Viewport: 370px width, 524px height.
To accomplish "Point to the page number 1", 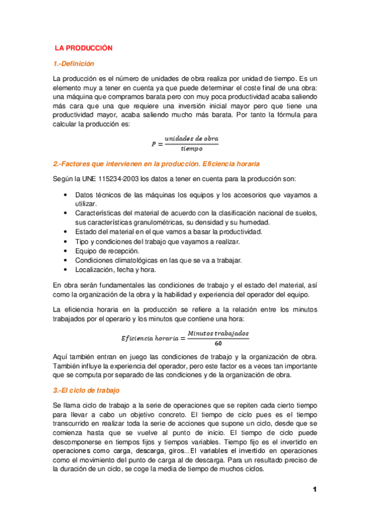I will pyautogui.click(x=314, y=490).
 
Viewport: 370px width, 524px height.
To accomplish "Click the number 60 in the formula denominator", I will pyautogui.click(x=218, y=343).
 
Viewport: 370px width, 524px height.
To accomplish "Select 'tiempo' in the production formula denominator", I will pyautogui.click(x=191, y=148).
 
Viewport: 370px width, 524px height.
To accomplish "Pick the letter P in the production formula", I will pyautogui.click(x=154, y=144).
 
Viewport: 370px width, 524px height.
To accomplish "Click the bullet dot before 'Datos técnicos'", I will pyautogui.click(x=66, y=195).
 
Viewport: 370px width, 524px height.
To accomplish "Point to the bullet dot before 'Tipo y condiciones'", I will pyautogui.click(x=66, y=242).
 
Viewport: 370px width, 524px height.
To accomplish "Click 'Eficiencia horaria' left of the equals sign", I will pyautogui.click(x=146, y=339).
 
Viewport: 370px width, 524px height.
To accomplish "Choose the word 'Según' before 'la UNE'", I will pyautogui.click(x=64, y=179).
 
